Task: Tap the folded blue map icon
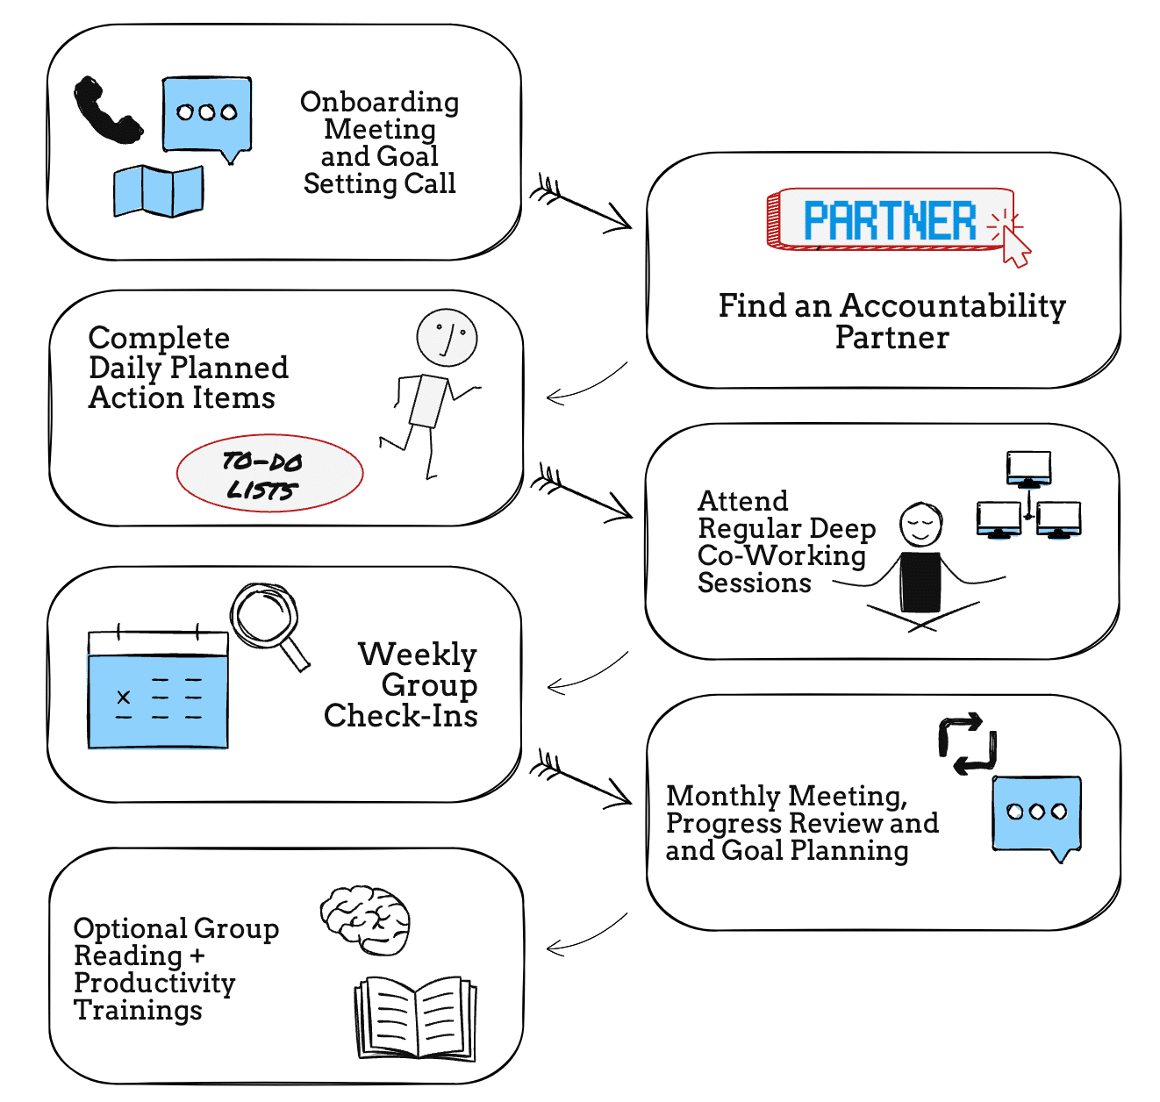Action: point(159,190)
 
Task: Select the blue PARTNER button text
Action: point(889,220)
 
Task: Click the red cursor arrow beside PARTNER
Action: point(1015,247)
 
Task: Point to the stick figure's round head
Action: point(447,337)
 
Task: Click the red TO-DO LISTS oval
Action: point(269,474)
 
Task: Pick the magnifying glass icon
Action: point(267,619)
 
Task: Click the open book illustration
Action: point(415,1018)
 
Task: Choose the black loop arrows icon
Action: point(967,744)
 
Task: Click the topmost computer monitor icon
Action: point(1028,469)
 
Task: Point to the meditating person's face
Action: point(920,525)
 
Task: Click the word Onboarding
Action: point(379,102)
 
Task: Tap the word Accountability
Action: point(952,305)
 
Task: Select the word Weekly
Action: point(417,655)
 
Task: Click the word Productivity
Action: point(154,983)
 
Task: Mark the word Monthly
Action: point(723,796)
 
